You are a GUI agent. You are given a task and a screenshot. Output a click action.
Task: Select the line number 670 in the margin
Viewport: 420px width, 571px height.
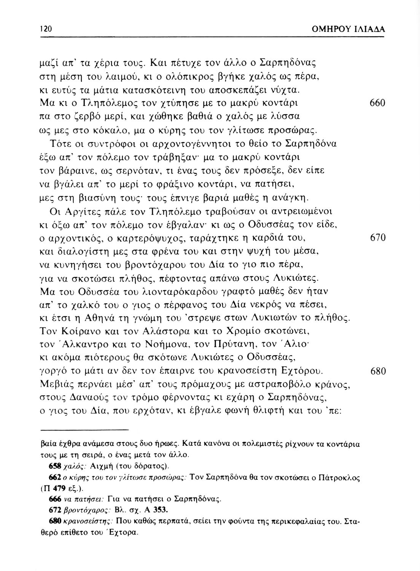377,239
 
